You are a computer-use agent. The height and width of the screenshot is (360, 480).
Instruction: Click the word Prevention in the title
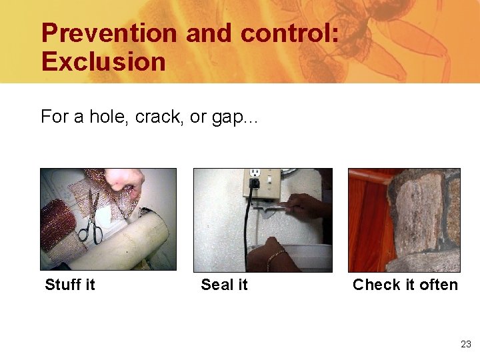pos(109,33)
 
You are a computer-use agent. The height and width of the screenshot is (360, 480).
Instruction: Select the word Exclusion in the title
pos(103,62)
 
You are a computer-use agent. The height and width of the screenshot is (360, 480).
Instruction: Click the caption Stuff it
pos(69,285)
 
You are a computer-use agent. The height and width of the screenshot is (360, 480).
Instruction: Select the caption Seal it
pos(224,285)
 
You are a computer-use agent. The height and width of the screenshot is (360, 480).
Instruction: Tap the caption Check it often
pos(405,285)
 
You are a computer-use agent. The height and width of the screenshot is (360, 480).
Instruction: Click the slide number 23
pos(465,344)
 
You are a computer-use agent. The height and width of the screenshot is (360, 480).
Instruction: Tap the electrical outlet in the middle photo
pos(255,181)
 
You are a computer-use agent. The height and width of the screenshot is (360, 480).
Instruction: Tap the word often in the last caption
pos(439,285)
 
